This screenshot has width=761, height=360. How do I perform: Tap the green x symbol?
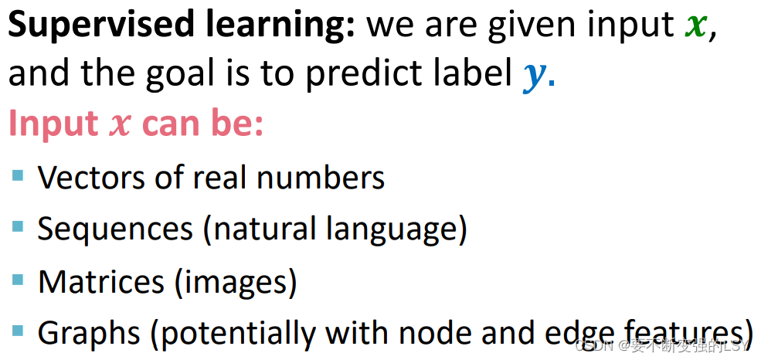(696, 27)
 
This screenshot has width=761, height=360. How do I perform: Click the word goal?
(180, 74)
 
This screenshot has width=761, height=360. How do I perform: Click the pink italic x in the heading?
(120, 126)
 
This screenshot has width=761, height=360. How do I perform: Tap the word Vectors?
(92, 178)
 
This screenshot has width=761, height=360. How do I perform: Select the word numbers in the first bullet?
(321, 178)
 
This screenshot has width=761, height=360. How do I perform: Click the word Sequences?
(115, 229)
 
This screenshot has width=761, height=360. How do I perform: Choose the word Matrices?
(101, 281)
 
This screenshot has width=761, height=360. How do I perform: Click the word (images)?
(234, 283)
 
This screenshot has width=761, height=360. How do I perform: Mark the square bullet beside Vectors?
(18, 175)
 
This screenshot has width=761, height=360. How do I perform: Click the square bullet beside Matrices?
(18, 279)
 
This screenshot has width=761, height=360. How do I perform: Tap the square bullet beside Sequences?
(18, 226)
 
